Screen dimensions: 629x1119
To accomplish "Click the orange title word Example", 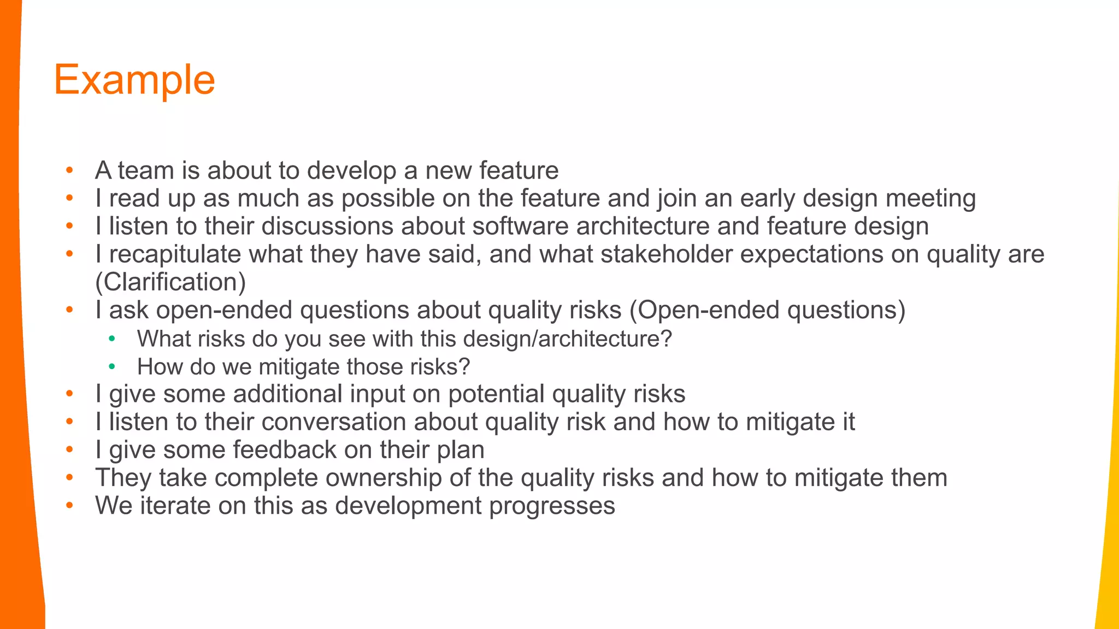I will pyautogui.click(x=134, y=80).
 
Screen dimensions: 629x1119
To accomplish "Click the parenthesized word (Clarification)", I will pyautogui.click(x=170, y=282).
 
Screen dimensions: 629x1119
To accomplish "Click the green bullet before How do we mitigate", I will pyautogui.click(x=112, y=367).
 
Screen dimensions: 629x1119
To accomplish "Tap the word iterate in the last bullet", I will pyautogui.click(x=175, y=506).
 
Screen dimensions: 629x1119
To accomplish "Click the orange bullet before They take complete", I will pyautogui.click(x=69, y=478).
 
